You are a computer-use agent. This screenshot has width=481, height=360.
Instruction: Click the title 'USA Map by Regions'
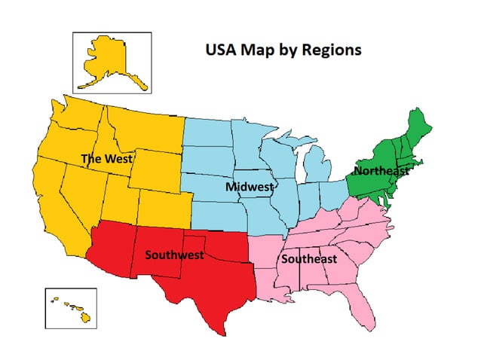click(283, 50)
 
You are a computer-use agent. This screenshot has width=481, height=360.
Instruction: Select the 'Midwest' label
click(250, 185)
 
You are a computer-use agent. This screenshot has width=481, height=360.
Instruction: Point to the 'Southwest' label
click(174, 255)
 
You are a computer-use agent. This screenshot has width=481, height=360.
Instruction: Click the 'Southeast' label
click(308, 259)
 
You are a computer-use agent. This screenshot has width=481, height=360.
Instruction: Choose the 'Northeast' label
click(381, 170)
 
